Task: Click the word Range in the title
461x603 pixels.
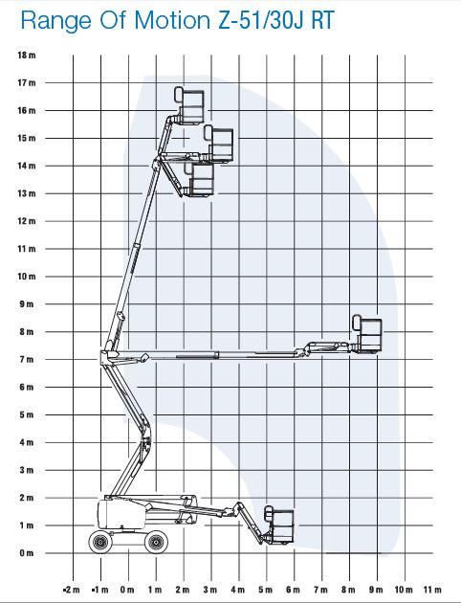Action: coord(56,21)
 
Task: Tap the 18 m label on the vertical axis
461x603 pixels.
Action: coord(27,55)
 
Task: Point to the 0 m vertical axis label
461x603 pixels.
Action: coord(27,553)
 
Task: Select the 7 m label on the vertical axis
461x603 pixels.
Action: coord(27,359)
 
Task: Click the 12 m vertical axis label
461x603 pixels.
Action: coord(27,221)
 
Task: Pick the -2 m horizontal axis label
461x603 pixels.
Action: coord(71,590)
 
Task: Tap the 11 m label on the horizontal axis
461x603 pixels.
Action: coord(432,590)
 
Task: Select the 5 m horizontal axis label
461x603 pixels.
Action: coord(265,590)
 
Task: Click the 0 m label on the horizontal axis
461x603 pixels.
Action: coord(127,590)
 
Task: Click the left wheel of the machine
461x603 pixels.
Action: coord(100,542)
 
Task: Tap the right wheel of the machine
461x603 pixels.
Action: coord(156,542)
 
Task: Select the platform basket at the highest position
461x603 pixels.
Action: coord(189,105)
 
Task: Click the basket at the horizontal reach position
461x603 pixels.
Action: coord(367,333)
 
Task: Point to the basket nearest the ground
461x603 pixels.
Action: coord(279,525)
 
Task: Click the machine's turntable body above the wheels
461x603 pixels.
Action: coord(121,514)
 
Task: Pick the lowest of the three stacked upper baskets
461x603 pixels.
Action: coord(199,180)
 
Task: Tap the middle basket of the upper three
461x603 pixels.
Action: coord(219,144)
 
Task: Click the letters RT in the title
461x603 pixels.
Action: coord(322,20)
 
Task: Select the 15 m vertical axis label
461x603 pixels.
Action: coord(27,138)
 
